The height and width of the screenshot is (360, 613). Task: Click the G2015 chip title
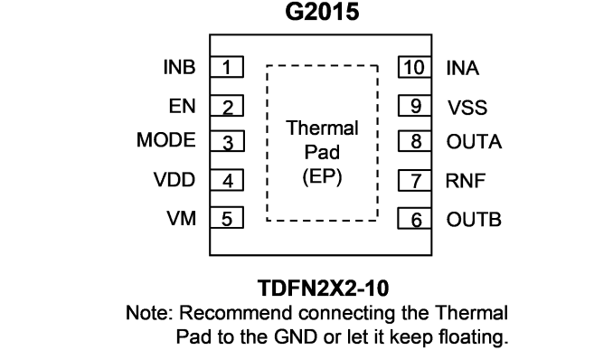(x=322, y=12)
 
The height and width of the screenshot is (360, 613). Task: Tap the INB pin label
(x=179, y=67)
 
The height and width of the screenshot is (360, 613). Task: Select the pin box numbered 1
(x=227, y=67)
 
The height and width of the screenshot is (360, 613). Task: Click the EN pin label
(x=182, y=106)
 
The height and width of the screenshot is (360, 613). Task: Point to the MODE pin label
(x=166, y=139)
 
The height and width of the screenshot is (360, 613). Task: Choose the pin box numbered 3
(x=227, y=141)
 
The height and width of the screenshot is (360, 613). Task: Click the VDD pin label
(x=174, y=180)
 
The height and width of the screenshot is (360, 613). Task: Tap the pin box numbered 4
(x=227, y=180)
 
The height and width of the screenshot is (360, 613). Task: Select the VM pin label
(x=182, y=218)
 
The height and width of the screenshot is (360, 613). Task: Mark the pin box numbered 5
(x=227, y=218)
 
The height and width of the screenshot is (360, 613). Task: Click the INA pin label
(x=463, y=68)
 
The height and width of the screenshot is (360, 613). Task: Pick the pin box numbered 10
(x=415, y=67)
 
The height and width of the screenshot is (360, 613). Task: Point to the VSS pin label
(x=467, y=108)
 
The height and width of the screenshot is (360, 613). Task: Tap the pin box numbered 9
(x=415, y=106)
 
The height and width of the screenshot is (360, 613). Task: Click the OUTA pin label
(x=474, y=142)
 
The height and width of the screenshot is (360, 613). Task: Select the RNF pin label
(x=466, y=181)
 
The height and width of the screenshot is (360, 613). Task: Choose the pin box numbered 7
(x=415, y=180)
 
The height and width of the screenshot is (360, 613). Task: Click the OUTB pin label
(x=474, y=220)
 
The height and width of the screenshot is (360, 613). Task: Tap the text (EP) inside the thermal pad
(x=322, y=176)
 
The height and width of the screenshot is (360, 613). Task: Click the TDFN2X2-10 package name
(x=323, y=288)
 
